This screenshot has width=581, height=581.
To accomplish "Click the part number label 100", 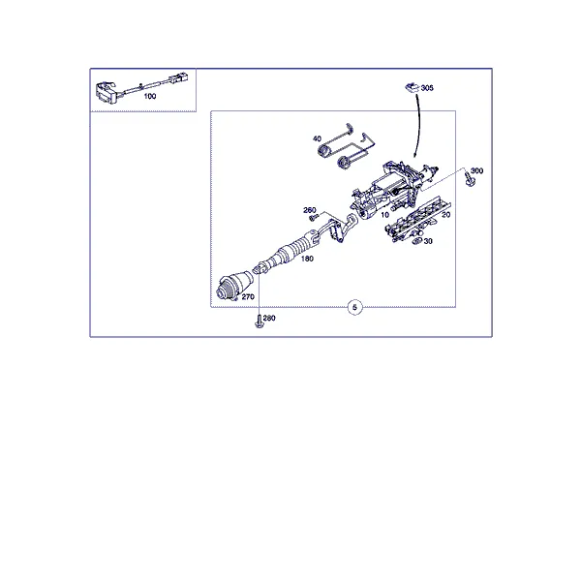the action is click(x=150, y=96).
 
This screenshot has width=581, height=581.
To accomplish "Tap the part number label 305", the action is click(x=427, y=88).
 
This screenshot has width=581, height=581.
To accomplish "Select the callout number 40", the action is click(x=317, y=138).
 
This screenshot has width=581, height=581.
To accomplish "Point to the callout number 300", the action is click(x=476, y=170).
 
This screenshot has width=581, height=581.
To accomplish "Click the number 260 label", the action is click(x=310, y=210).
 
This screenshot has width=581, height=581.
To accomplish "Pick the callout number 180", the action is click(x=307, y=259).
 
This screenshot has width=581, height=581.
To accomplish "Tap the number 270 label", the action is click(x=248, y=297).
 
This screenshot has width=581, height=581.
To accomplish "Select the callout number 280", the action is click(x=269, y=318).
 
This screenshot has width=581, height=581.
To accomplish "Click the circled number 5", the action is click(x=355, y=308).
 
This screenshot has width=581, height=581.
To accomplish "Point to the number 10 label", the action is click(x=384, y=215).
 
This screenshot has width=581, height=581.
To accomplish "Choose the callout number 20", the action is click(x=445, y=215).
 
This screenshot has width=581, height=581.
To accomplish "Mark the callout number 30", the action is click(x=428, y=241).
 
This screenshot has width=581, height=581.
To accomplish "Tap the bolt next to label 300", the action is click(x=470, y=180).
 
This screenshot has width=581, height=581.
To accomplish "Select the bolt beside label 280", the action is click(x=259, y=321).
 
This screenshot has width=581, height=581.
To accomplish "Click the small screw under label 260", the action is click(x=314, y=217).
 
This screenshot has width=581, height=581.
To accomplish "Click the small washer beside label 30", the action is click(x=417, y=241).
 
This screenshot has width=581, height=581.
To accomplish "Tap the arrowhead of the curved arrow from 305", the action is click(x=415, y=155).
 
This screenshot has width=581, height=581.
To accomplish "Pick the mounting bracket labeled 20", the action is click(x=417, y=219).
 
